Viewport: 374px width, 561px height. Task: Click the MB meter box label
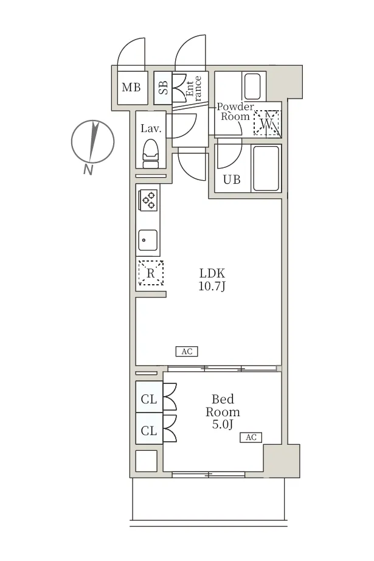point(131,87)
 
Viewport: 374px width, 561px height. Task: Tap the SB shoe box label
point(163,88)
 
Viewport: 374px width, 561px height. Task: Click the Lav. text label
point(151,128)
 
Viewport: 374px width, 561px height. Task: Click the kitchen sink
point(148,240)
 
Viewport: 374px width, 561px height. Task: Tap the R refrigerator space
point(151,273)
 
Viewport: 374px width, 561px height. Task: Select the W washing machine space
point(267,123)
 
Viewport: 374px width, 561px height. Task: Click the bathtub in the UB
point(266,168)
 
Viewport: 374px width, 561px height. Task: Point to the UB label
point(232,179)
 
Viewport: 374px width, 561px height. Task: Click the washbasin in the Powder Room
point(252,86)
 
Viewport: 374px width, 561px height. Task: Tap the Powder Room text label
point(235,111)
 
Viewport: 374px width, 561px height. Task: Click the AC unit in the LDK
point(187,351)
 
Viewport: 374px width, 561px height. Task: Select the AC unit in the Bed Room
point(251,437)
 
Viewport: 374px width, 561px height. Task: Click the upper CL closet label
point(149,399)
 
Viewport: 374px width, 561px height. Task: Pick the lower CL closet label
point(149,431)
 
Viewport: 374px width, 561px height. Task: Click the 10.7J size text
point(212,286)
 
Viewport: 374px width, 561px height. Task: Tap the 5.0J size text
point(223,424)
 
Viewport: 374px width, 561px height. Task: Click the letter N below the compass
point(88,170)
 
